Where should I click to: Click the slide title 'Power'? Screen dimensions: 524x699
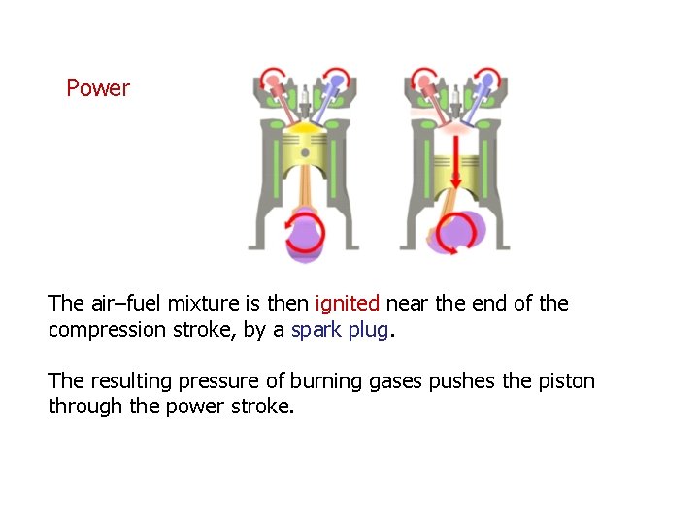[97, 88]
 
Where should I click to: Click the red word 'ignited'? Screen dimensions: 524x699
[347, 304]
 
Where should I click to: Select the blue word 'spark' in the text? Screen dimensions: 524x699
[316, 330]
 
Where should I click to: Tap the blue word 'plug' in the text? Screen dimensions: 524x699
[368, 330]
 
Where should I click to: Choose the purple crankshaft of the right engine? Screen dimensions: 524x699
[459, 233]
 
